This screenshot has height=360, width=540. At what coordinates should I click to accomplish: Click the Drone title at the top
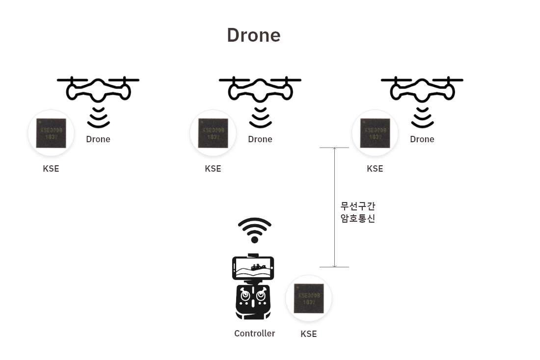coord(253,35)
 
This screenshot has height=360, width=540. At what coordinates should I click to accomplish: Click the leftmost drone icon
coord(98,90)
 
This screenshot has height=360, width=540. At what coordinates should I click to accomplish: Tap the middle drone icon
coord(260,90)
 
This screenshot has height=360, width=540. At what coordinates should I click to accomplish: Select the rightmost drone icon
coord(422,90)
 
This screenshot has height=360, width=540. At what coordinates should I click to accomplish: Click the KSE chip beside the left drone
coord(51,133)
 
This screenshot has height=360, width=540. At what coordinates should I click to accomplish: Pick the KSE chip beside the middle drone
coord(213,133)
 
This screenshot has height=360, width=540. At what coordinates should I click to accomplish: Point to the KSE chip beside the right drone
coord(375,133)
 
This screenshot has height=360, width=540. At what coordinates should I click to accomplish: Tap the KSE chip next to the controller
coord(309,298)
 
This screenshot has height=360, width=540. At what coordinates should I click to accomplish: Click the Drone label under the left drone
coord(98,139)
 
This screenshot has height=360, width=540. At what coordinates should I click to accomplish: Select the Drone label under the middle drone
coord(260,139)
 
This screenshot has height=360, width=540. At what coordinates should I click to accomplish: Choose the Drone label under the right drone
coord(422,139)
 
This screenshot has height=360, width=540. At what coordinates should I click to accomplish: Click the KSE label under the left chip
coord(51,169)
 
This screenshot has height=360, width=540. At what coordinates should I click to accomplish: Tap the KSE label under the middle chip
coord(213,169)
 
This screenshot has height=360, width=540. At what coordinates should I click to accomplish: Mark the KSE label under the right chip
coord(375,169)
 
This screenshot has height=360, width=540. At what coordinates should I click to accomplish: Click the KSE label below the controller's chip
coord(309,334)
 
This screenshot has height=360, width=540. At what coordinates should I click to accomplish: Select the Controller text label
coord(254,334)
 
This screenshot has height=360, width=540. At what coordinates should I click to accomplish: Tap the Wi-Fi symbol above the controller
coord(254,230)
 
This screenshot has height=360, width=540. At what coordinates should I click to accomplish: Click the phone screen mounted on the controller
coord(253,268)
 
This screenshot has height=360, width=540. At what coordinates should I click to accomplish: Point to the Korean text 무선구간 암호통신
coord(358,212)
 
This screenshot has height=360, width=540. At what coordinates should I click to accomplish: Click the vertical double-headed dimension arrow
coord(334,207)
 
